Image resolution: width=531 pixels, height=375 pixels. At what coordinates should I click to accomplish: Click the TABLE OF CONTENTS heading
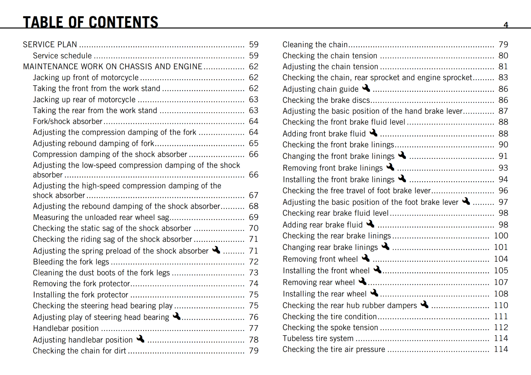click(90, 22)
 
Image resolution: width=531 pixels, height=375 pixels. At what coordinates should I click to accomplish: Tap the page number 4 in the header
click(506, 25)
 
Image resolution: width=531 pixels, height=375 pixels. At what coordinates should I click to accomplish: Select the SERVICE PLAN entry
click(50, 44)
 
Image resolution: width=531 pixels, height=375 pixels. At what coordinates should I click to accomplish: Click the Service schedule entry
click(62, 56)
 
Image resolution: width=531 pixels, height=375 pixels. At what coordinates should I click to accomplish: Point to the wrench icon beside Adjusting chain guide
click(366, 88)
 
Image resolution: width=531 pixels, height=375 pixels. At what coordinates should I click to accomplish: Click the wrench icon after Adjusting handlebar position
click(140, 339)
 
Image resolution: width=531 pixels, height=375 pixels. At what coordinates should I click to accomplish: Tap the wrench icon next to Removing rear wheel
click(362, 281)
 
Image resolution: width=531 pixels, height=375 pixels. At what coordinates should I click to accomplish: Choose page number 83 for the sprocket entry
click(503, 78)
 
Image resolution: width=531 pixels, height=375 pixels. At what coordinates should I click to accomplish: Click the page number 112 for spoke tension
click(501, 327)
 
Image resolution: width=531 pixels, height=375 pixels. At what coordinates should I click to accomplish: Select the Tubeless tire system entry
click(318, 338)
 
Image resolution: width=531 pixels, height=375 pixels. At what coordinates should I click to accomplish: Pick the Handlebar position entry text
click(66, 328)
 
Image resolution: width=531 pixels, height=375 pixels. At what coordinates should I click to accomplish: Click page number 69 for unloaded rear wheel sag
click(254, 217)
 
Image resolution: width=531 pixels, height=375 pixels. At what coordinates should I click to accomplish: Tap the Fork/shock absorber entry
click(67, 121)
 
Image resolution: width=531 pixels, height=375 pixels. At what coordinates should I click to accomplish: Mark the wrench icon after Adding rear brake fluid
click(370, 224)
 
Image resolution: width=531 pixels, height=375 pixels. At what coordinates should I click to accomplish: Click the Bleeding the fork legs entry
click(71, 262)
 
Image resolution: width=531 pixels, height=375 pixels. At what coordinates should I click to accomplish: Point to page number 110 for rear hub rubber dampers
click(501, 305)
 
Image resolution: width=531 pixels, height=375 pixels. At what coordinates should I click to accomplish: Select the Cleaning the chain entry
click(315, 44)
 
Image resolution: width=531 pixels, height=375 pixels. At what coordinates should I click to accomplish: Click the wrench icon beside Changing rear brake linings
click(385, 246)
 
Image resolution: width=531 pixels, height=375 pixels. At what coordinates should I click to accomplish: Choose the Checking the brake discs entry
click(326, 100)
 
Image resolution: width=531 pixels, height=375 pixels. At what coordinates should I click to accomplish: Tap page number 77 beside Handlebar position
click(254, 328)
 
